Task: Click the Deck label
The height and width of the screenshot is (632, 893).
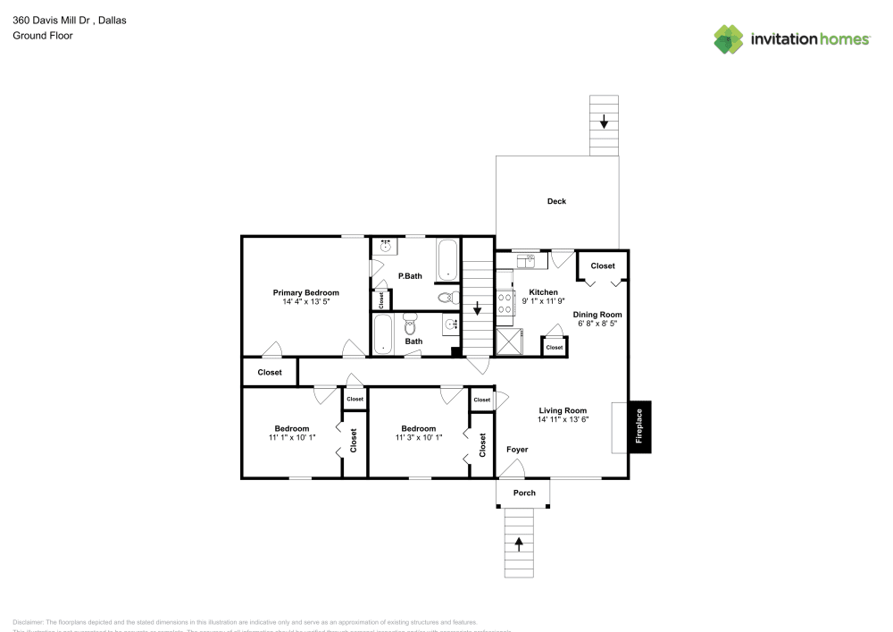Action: tap(556, 201)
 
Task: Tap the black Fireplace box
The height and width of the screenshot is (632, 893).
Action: tap(638, 426)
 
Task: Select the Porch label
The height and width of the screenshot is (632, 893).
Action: tap(524, 493)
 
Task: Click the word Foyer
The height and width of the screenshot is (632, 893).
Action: tap(517, 450)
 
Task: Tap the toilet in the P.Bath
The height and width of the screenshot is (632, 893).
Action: tap(446, 298)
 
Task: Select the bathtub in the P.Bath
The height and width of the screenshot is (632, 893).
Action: tap(446, 259)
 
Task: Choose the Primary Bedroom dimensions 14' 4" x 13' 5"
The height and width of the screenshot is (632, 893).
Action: tap(305, 302)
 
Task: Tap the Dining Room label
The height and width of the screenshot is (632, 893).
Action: tap(597, 315)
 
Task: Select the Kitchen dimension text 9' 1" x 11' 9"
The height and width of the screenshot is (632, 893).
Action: tap(543, 301)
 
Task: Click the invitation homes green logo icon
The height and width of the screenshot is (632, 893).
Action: tap(729, 38)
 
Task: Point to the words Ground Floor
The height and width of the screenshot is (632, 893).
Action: tap(42, 36)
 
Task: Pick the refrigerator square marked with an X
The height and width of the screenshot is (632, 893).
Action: tap(510, 341)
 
